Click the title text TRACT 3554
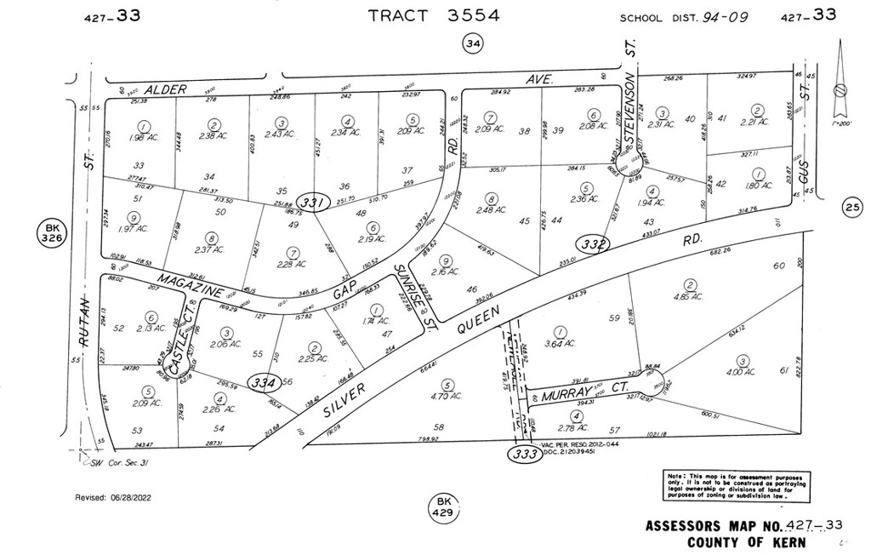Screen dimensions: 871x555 [434, 15]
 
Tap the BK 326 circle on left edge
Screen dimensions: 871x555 [53, 236]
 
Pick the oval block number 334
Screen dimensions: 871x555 [263, 382]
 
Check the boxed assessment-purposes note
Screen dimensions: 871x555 [737, 485]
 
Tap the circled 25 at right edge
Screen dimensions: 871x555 [852, 205]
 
